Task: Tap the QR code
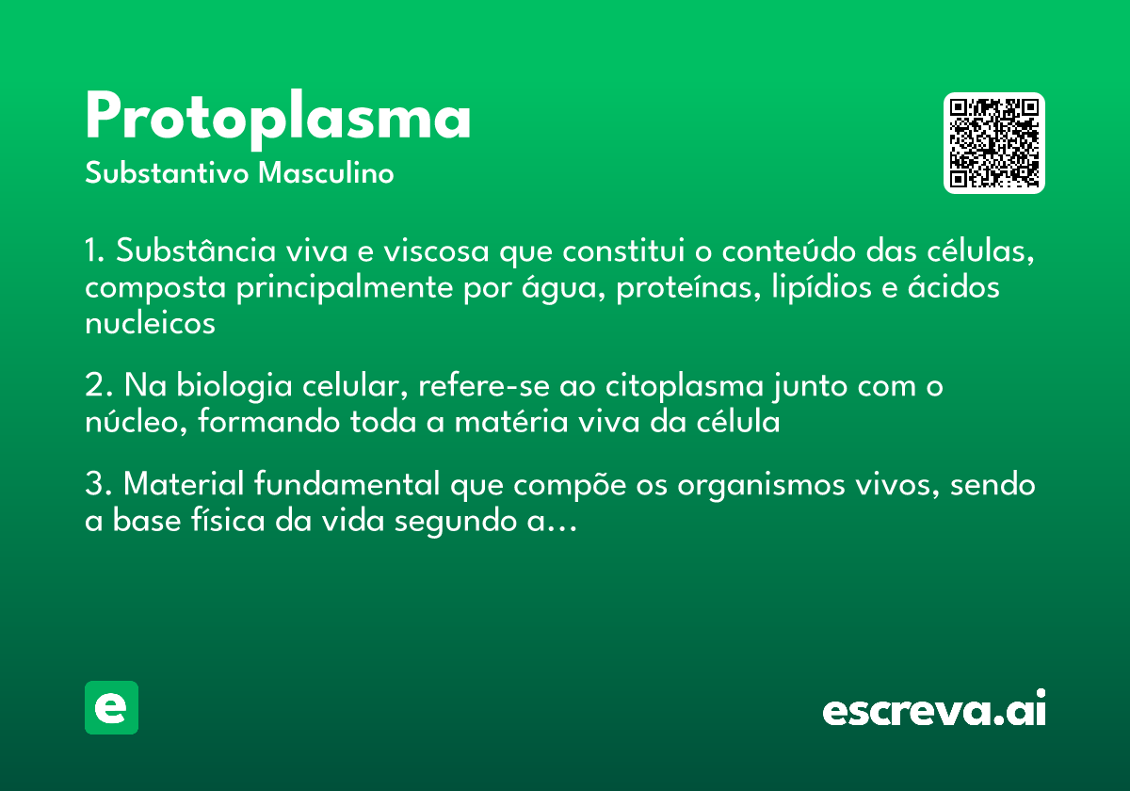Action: pos(994,143)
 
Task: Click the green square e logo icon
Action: pos(111,707)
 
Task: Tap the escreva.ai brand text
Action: pos(934,709)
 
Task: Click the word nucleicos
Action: pos(150,323)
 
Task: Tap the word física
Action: pos(219,521)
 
